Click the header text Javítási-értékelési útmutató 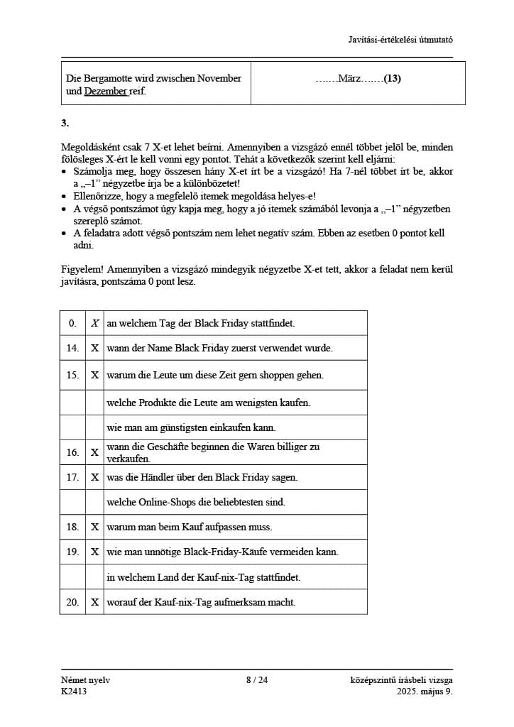pos(400,39)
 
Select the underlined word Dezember pos(106,92)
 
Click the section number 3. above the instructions pos(65,123)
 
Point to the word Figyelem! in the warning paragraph pos(80,270)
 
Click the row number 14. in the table pos(72,348)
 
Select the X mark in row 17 pos(94,477)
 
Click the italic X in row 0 pos(94,323)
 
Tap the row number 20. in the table pos(72,602)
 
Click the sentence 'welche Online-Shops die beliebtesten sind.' pos(195,502)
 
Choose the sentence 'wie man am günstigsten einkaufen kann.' pos(190,427)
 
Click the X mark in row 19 pos(94,552)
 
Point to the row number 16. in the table pos(72,452)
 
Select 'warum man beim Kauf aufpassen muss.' pos(189,527)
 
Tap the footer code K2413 pos(74,692)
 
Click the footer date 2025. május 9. pos(425,692)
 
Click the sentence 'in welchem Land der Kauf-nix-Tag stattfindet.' pos(203,577)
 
